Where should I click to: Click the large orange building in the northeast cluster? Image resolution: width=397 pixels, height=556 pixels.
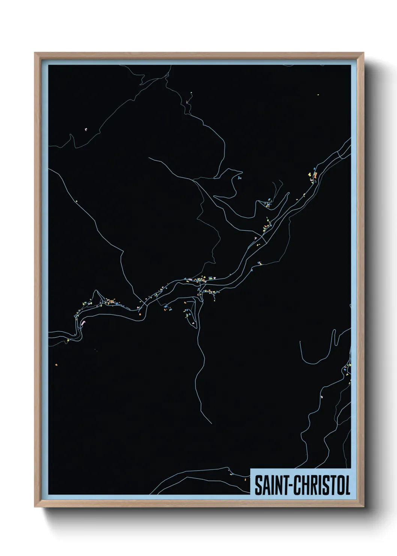[315, 175]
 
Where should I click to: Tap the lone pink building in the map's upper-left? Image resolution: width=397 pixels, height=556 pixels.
[86, 129]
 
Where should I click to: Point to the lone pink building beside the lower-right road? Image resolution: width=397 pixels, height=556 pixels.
[321, 396]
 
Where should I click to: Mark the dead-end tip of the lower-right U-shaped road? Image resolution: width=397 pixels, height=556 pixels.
[301, 341]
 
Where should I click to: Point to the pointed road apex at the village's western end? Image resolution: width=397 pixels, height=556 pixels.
[96, 290]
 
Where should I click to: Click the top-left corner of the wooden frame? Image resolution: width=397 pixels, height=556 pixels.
[35, 53]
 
